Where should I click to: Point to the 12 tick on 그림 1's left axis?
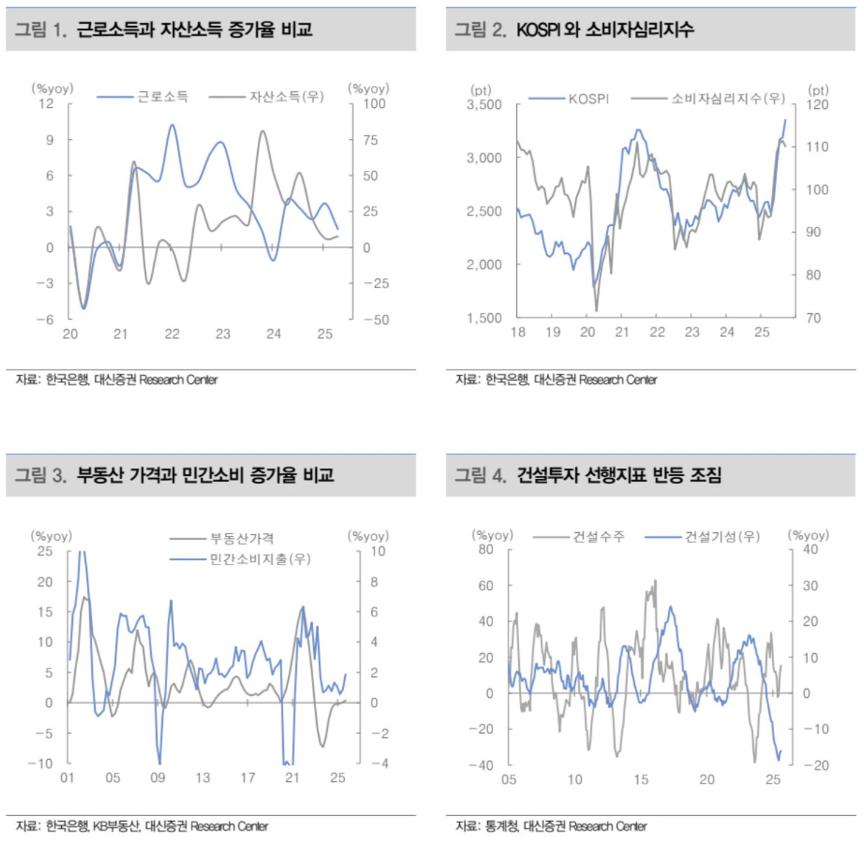tap(46, 104)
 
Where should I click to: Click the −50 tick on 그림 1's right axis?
tap(376, 320)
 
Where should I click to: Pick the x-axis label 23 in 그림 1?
tap(223, 334)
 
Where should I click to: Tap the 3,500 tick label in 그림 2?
tap(484, 105)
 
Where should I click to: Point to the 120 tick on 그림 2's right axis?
tap(817, 105)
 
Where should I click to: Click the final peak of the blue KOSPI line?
tap(785, 120)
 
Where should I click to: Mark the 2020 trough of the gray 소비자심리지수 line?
tap(596, 310)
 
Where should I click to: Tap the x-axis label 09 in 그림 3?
tap(158, 778)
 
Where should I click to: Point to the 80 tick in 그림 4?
tap(486, 549)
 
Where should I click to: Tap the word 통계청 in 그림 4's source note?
tap(501, 826)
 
